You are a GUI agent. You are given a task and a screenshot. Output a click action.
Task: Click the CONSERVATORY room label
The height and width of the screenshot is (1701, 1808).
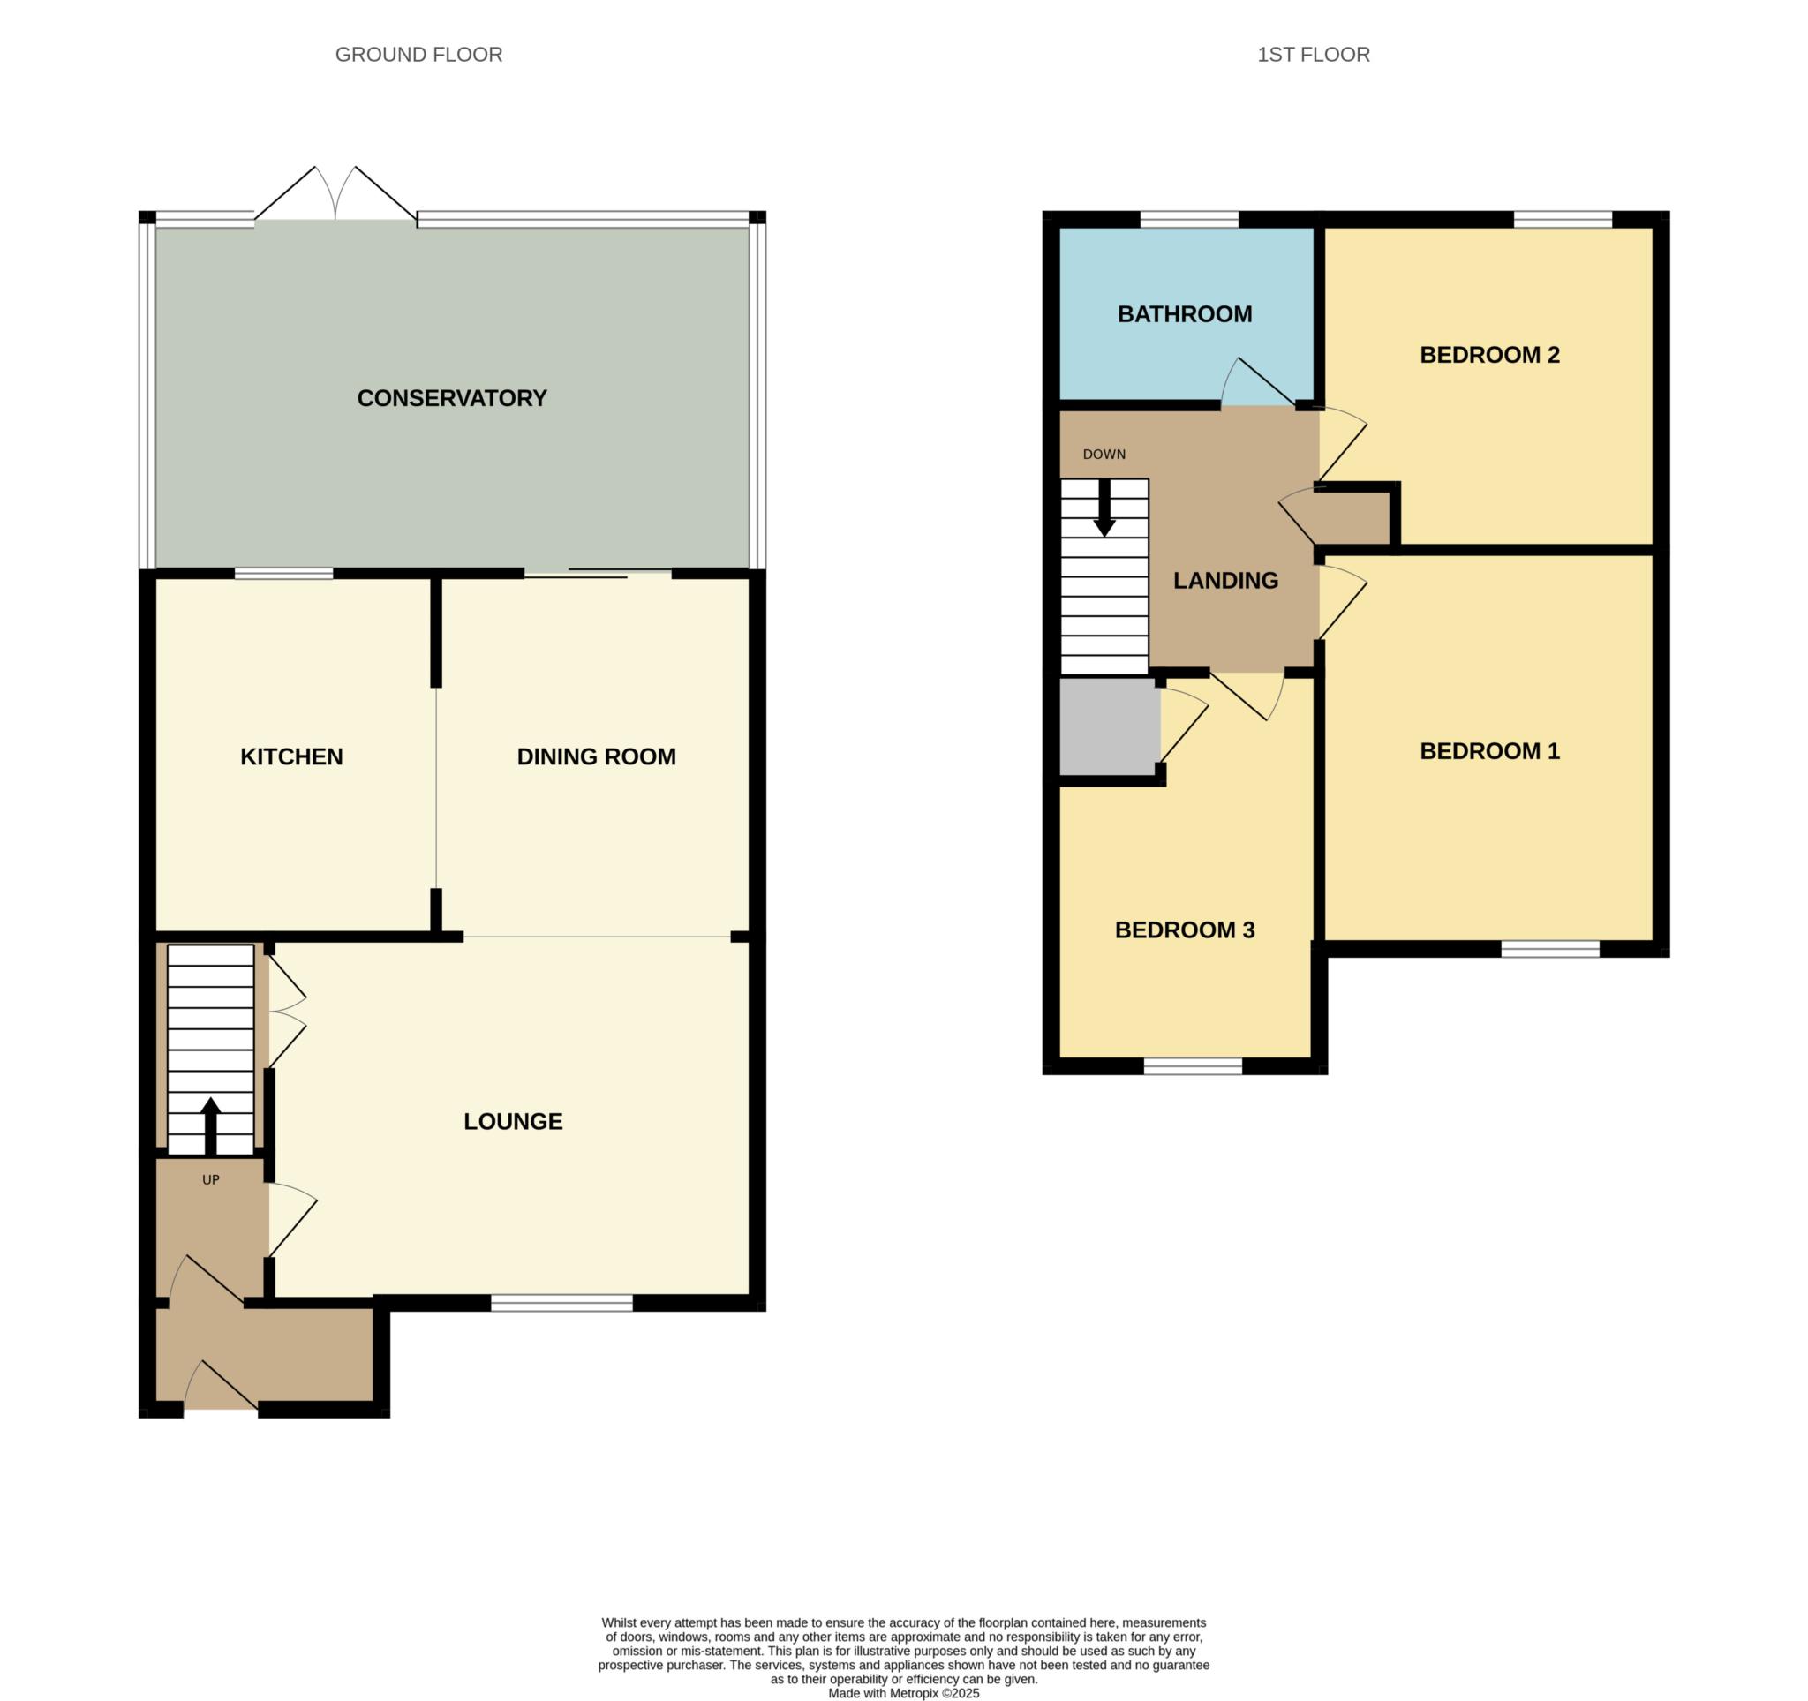click(451, 398)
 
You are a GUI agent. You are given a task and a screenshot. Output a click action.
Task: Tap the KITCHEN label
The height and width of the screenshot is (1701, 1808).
click(291, 756)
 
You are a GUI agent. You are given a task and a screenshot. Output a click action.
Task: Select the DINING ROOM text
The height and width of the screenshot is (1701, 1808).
click(596, 756)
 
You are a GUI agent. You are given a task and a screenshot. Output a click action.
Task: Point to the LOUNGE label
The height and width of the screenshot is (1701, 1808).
click(513, 1121)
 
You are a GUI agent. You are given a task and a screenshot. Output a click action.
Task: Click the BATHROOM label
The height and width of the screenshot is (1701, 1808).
click(1184, 313)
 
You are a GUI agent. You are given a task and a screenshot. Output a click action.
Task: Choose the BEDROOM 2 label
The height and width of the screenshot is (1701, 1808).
click(1488, 355)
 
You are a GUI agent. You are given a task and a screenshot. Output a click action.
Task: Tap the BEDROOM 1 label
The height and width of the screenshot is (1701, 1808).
click(1488, 751)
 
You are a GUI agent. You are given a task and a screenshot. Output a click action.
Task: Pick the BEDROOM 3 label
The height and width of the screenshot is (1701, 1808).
click(1184, 930)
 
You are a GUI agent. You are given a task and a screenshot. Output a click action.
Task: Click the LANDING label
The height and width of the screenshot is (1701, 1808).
click(1225, 580)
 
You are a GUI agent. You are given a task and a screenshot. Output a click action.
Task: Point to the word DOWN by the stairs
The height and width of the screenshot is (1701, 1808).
click(1104, 455)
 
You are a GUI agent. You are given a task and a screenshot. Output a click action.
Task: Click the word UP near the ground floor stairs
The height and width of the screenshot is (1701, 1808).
click(211, 1180)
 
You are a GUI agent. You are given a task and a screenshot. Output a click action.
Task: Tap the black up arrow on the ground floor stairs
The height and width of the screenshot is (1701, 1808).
click(211, 1124)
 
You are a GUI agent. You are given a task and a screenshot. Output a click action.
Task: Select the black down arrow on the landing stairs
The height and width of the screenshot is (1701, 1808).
click(1104, 509)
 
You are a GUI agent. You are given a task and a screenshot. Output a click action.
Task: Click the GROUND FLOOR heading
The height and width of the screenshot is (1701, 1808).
click(418, 55)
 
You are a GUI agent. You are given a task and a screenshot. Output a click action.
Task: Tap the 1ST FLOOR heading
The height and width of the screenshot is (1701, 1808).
click(1313, 55)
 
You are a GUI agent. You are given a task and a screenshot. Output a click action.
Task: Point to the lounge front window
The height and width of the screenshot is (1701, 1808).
click(561, 1304)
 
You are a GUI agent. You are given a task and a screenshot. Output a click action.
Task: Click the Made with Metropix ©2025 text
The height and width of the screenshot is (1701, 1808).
click(903, 1693)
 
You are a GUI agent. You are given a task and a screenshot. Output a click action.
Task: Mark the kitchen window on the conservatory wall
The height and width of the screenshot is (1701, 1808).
click(283, 574)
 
